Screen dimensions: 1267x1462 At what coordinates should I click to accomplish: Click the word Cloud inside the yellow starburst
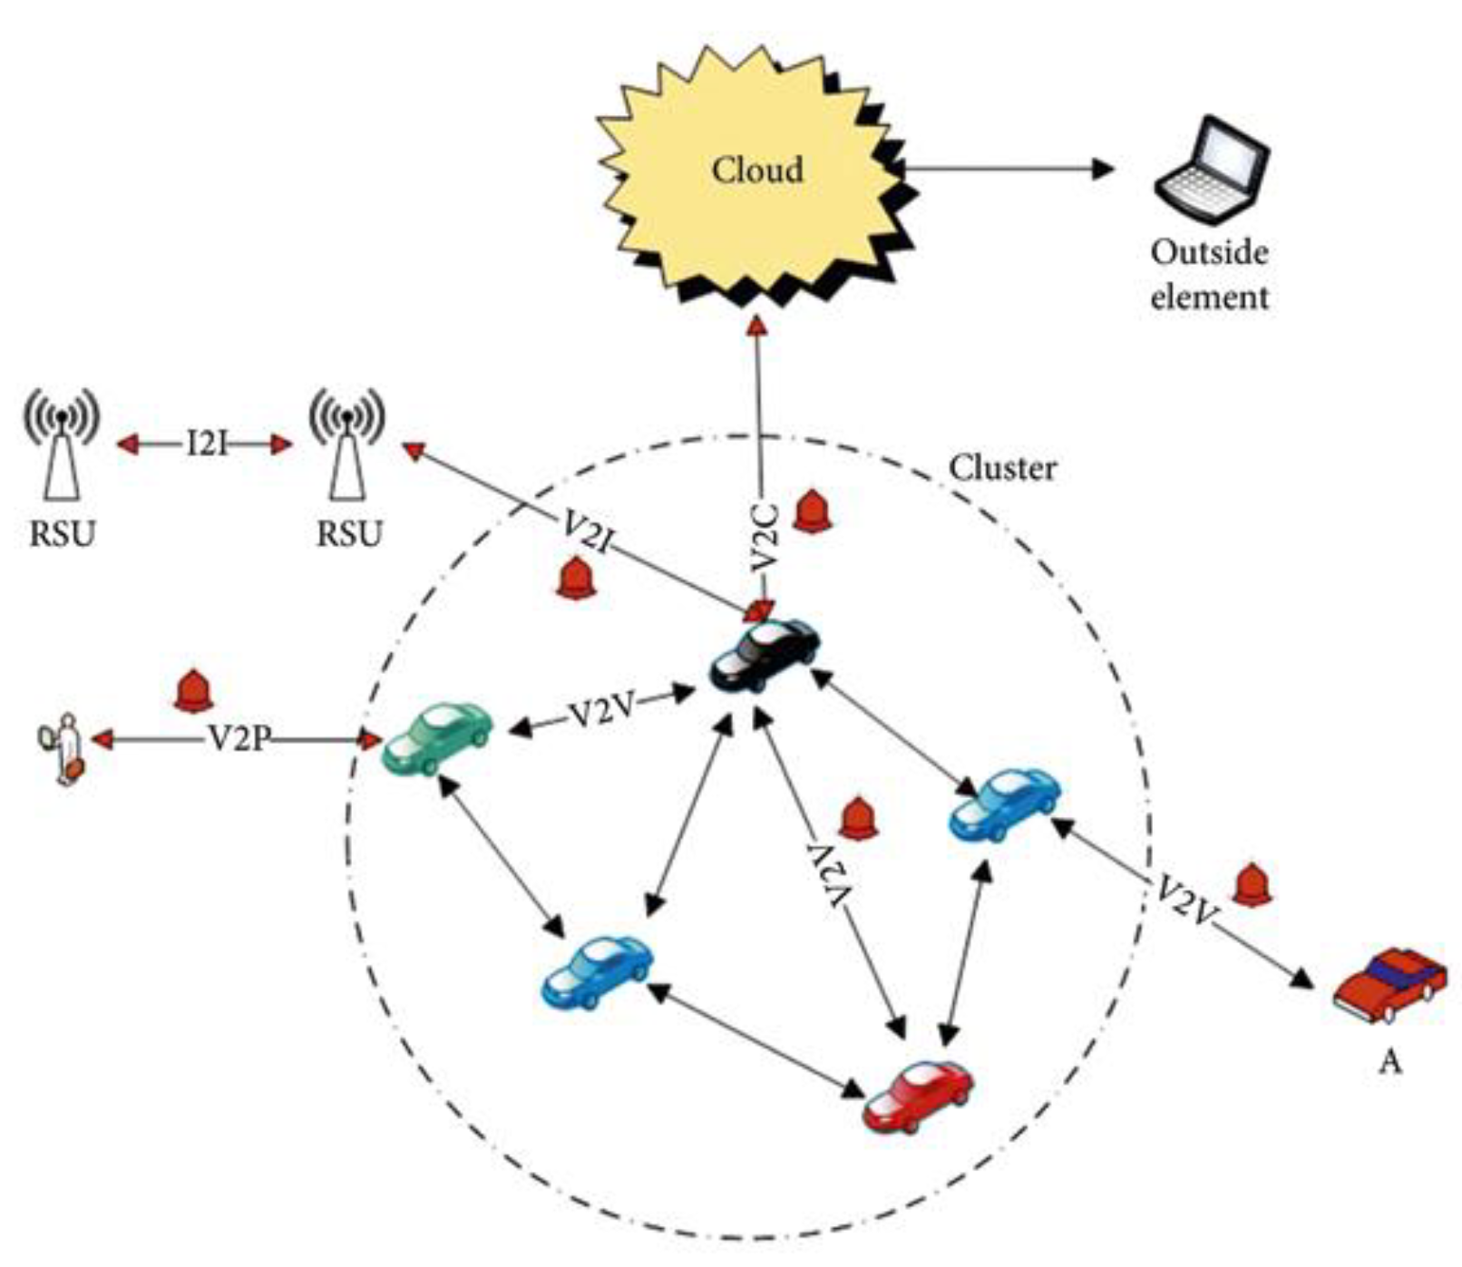[x=757, y=170]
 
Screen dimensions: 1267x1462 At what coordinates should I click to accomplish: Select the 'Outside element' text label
[x=1209, y=274]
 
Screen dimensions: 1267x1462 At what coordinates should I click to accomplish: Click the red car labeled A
[x=1389, y=986]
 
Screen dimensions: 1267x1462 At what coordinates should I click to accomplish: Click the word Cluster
[x=1002, y=468]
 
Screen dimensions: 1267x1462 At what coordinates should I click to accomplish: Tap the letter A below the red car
[x=1389, y=1060]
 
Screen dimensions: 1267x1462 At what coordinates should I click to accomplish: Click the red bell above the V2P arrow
[x=192, y=691]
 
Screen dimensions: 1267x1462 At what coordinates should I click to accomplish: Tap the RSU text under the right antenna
[x=349, y=533]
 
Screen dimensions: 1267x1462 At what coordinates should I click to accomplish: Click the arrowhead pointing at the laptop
[x=1101, y=168]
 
